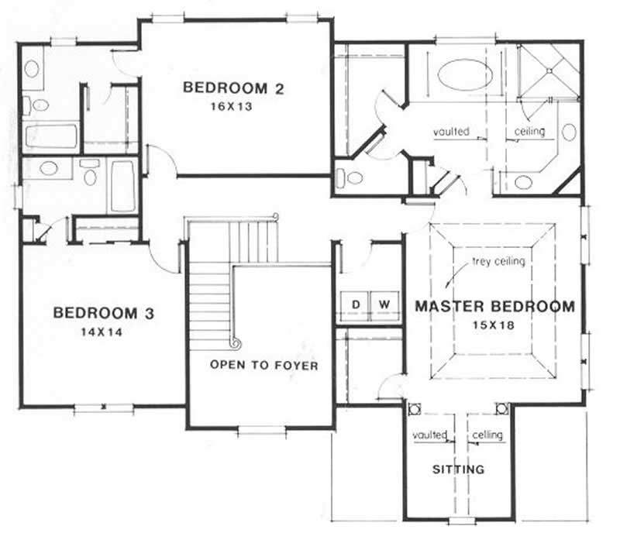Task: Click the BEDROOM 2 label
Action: point(232,88)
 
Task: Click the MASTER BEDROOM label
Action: point(494,306)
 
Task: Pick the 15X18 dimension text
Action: point(494,325)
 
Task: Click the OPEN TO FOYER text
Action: point(263,365)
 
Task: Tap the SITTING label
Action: point(458,469)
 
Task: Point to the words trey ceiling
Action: point(498,262)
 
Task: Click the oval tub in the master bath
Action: point(464,76)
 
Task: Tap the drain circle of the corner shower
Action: point(550,70)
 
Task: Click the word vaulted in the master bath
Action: point(451,132)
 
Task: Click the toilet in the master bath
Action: point(353,177)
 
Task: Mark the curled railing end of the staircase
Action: point(236,342)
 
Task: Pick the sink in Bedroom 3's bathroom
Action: point(50,167)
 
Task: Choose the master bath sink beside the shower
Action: point(568,132)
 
